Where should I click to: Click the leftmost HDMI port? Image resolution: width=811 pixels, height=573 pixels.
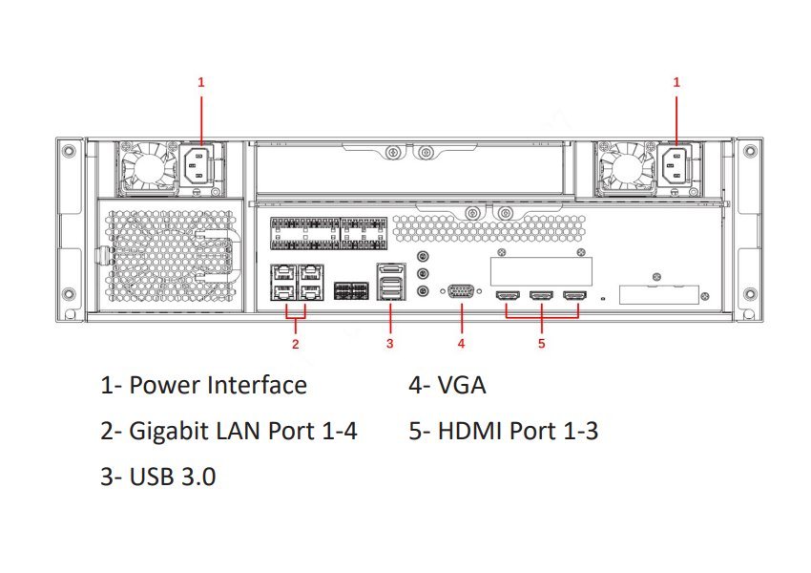tap(507, 297)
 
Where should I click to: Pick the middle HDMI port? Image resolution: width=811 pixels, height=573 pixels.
tap(541, 297)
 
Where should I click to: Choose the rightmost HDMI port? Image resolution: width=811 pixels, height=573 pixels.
tap(574, 297)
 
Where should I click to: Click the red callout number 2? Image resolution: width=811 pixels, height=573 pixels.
tap(296, 343)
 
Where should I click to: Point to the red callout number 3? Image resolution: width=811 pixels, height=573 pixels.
tap(389, 343)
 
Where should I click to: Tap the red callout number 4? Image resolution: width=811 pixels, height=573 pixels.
tap(461, 343)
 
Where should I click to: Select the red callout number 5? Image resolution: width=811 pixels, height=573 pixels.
tap(541, 343)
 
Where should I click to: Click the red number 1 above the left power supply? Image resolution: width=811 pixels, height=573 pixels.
tap(200, 83)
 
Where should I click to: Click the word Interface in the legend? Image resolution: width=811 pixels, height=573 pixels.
tap(257, 385)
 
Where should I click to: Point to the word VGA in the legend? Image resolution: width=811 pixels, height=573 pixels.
tap(462, 385)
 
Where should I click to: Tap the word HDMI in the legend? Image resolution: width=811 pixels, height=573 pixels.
tap(470, 431)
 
